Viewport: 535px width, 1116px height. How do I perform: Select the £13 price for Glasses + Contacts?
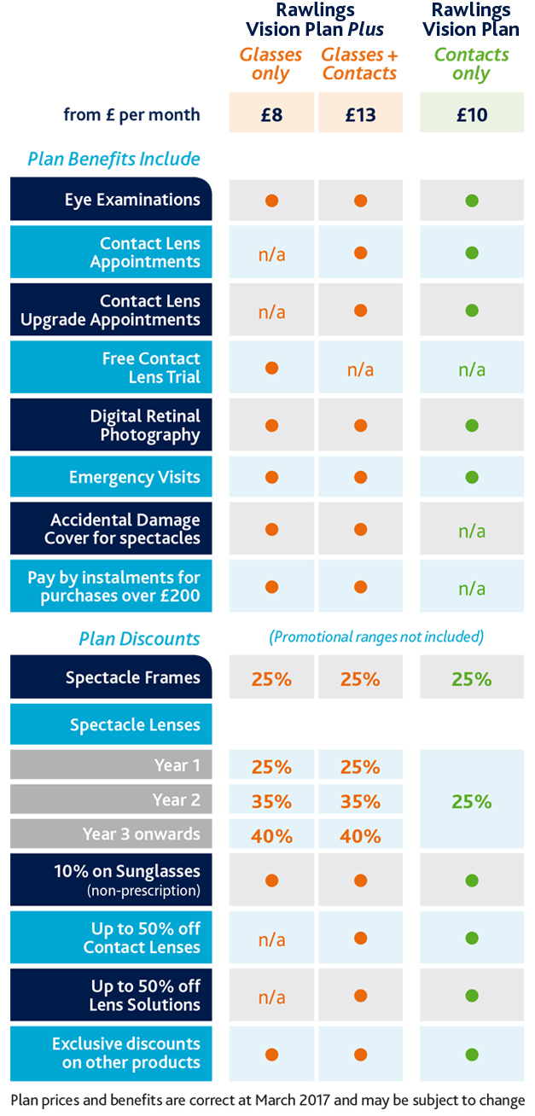pyautogui.click(x=360, y=114)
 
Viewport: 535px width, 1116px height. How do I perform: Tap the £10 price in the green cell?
pyautogui.click(x=472, y=114)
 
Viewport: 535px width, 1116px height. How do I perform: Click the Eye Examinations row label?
pyautogui.click(x=132, y=200)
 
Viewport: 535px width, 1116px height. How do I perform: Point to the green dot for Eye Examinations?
pyautogui.click(x=472, y=201)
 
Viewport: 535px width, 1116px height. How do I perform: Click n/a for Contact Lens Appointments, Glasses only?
pyautogui.click(x=271, y=254)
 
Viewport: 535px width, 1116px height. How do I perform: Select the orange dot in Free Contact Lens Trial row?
pyautogui.click(x=271, y=369)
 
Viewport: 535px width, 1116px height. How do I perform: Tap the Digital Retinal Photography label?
pyautogui.click(x=145, y=425)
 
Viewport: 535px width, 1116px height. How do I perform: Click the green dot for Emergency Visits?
pyautogui.click(x=472, y=477)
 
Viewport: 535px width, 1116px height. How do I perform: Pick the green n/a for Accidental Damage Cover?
pyautogui.click(x=472, y=531)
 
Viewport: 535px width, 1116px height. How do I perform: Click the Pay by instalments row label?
pyautogui.click(x=114, y=586)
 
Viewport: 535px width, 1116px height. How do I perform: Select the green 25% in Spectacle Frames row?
pyautogui.click(x=472, y=679)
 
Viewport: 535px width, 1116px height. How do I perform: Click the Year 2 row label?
pyautogui.click(x=176, y=799)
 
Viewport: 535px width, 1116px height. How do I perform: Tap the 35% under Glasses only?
pyautogui.click(x=271, y=802)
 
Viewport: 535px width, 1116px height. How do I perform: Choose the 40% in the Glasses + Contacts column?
pyautogui.click(x=360, y=836)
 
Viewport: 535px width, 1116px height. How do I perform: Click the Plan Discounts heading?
pyautogui.click(x=139, y=639)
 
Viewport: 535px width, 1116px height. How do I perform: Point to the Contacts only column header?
pyautogui.click(x=472, y=64)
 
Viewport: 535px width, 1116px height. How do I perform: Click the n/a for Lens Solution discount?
pyautogui.click(x=271, y=997)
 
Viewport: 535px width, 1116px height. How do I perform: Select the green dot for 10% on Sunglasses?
pyautogui.click(x=472, y=881)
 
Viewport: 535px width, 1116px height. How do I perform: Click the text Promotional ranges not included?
pyautogui.click(x=376, y=636)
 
